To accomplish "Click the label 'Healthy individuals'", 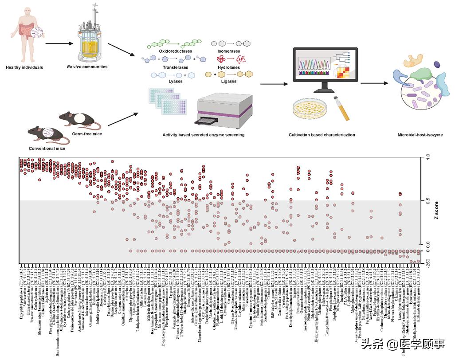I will click(24, 67).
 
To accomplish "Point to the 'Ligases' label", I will click(227, 82).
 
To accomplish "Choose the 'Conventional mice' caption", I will click(47, 149).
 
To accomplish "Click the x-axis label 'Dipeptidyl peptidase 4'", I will click(21, 284).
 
